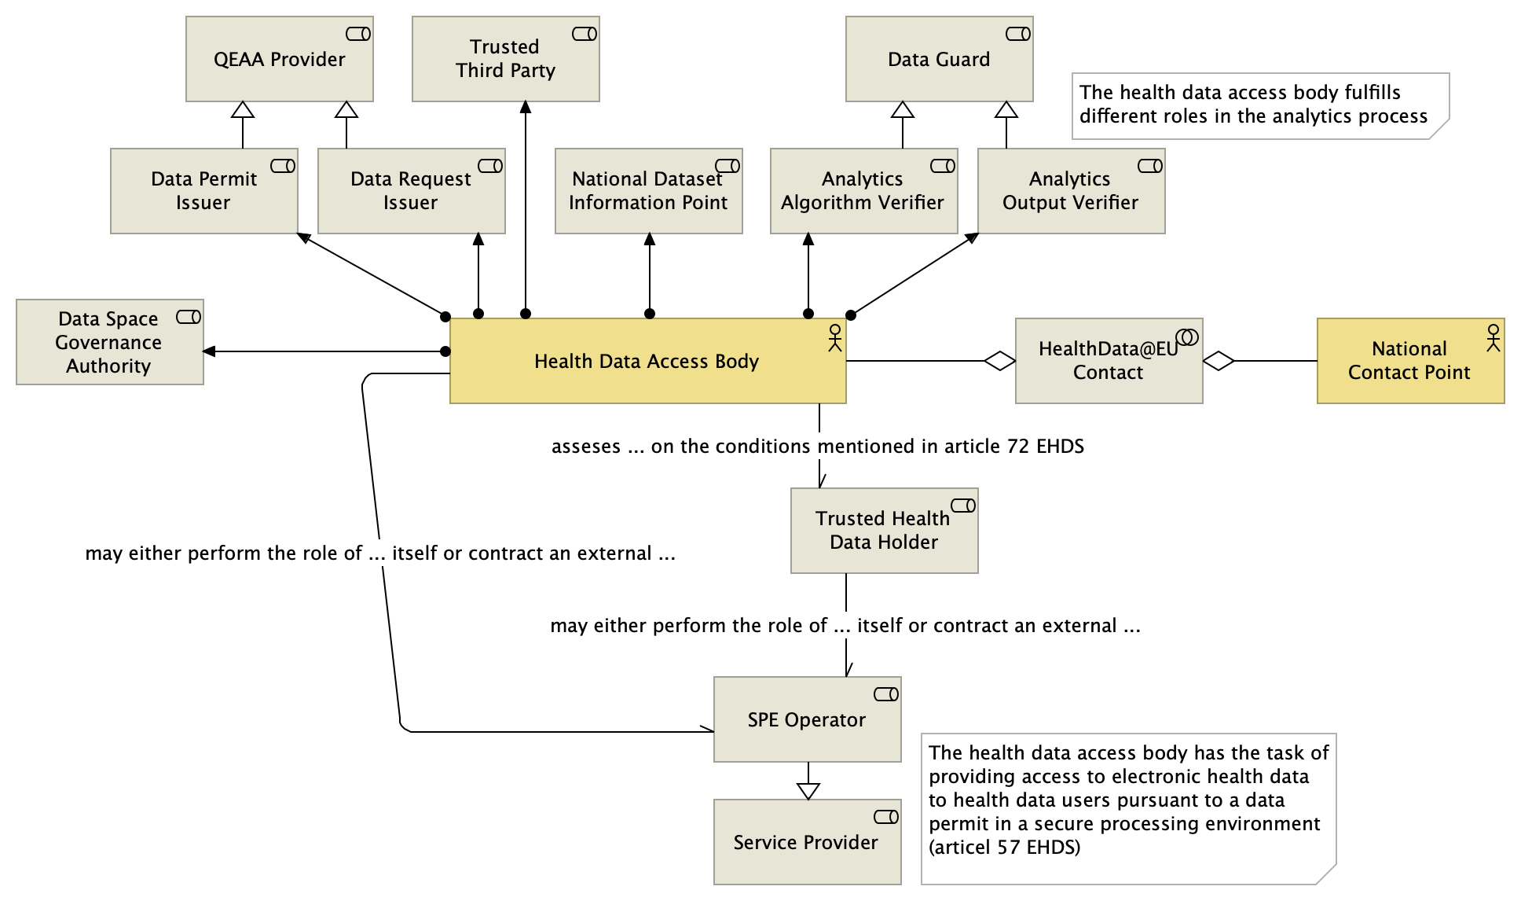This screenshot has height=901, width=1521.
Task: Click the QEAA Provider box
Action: (x=279, y=59)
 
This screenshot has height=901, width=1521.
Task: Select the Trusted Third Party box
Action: (x=505, y=59)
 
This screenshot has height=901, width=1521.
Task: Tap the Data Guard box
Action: (x=939, y=59)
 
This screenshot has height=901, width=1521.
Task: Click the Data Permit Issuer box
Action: (x=203, y=191)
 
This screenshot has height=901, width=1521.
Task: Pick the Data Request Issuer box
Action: (x=411, y=191)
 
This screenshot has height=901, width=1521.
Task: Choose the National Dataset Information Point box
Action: (x=648, y=191)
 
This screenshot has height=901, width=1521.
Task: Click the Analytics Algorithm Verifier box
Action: (x=863, y=191)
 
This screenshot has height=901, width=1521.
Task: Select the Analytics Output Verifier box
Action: (x=1071, y=191)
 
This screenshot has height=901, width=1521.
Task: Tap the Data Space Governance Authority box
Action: (x=109, y=342)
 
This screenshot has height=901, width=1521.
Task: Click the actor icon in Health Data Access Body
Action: (x=834, y=337)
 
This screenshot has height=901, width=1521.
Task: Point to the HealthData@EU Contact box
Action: (x=1109, y=361)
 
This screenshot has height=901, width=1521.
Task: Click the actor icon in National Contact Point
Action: (x=1493, y=337)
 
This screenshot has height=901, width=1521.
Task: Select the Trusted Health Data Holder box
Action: (x=884, y=531)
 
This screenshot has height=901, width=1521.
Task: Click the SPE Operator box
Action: (x=807, y=719)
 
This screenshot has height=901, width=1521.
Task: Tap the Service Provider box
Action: (x=807, y=842)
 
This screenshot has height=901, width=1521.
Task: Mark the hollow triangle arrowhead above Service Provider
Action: (x=808, y=790)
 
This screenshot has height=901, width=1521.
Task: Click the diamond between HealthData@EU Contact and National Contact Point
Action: (x=1219, y=361)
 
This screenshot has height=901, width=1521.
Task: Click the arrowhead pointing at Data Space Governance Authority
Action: (x=210, y=351)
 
